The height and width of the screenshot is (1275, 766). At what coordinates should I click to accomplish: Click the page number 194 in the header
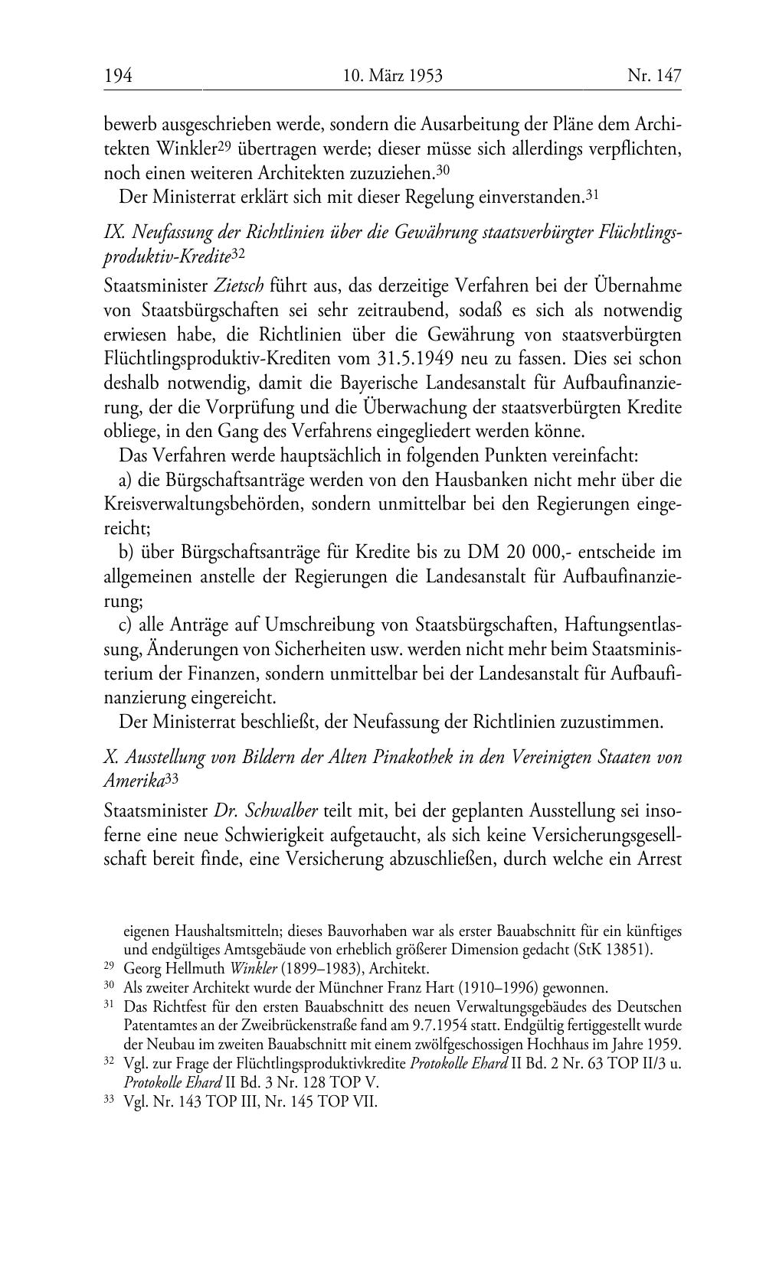[x=119, y=75]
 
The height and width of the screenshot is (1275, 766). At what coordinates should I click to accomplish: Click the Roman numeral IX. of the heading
[x=113, y=233]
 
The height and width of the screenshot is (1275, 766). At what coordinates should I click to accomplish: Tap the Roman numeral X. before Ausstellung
[x=110, y=757]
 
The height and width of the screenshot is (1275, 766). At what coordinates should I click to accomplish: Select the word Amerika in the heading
[x=133, y=781]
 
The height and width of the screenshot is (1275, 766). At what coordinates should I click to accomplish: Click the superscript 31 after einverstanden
[x=591, y=196]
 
